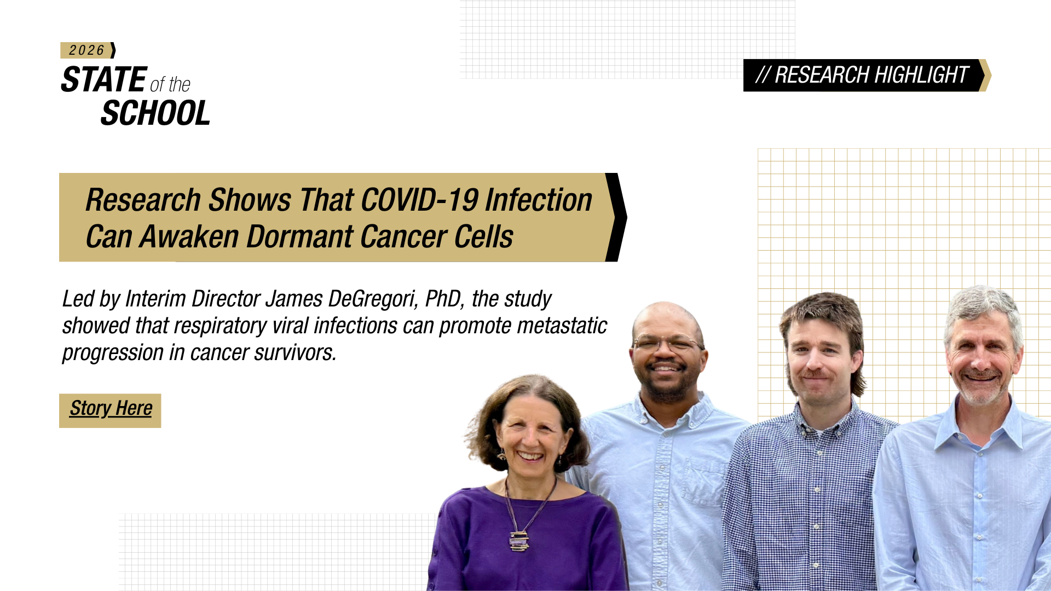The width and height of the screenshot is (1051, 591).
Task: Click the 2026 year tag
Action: pos(88,50)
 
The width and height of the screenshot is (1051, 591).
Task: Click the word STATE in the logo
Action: pos(104,79)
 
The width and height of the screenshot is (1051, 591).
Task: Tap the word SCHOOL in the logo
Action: pos(155,113)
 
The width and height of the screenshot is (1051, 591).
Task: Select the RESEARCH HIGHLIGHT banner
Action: pos(867,75)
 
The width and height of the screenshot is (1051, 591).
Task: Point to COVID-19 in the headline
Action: pos(420,200)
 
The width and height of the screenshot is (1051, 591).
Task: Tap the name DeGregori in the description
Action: pos(373,299)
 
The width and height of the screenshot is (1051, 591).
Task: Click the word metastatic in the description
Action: pos(562,326)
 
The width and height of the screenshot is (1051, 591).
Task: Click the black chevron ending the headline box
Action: pos(616,217)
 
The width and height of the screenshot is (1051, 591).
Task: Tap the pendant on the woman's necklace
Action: pos(519,541)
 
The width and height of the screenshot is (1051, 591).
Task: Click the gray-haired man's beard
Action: pos(981,388)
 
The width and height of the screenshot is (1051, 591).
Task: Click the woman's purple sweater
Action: pos(525,542)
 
